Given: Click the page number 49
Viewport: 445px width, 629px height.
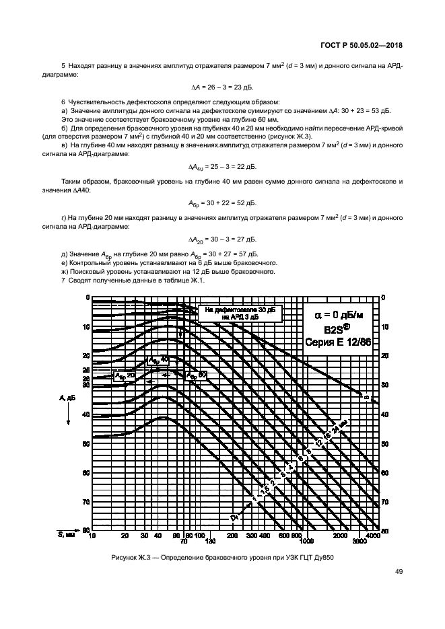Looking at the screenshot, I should pyautogui.click(x=399, y=572).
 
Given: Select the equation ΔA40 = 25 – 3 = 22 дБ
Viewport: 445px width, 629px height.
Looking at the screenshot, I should pyautogui.click(x=222, y=166).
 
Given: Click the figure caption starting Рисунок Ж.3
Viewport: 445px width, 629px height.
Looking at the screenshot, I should pyautogui.click(x=222, y=557).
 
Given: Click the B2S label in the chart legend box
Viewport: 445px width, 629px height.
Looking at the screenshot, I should pyautogui.click(x=335, y=328).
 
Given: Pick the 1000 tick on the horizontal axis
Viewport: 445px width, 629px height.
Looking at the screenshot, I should pyautogui.click(x=306, y=541).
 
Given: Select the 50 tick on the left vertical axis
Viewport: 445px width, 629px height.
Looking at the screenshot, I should pyautogui.click(x=85, y=444).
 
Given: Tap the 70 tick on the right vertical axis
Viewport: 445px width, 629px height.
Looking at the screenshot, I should pyautogui.click(x=386, y=502).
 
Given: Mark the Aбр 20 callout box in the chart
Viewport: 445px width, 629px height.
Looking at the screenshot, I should pyautogui.click(x=125, y=376).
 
